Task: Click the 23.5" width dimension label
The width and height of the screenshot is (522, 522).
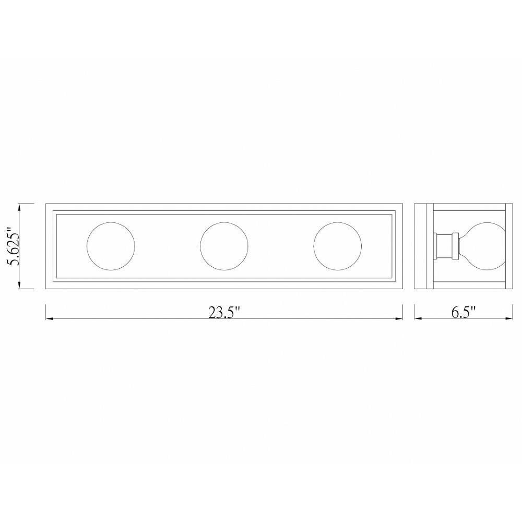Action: (x=224, y=313)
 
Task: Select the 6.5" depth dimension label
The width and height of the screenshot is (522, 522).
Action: (x=464, y=312)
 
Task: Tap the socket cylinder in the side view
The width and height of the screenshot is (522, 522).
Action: (x=445, y=246)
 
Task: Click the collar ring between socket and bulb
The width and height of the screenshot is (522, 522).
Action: (x=455, y=246)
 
